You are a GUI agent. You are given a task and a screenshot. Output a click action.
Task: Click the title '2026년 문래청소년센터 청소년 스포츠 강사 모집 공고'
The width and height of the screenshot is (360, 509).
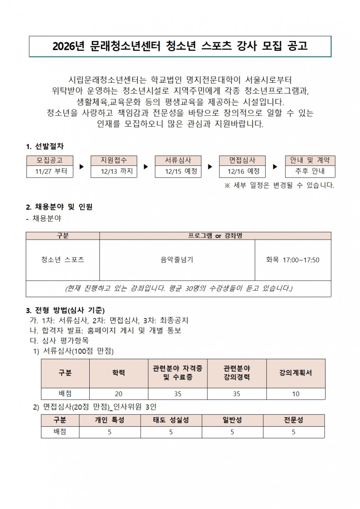point(180,47)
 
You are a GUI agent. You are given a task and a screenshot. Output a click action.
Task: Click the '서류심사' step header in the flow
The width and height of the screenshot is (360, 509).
point(178,160)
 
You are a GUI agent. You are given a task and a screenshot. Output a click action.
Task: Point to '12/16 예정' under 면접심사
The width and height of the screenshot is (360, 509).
point(242,171)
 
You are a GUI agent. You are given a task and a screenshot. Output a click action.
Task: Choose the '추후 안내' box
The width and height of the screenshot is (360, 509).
point(310,171)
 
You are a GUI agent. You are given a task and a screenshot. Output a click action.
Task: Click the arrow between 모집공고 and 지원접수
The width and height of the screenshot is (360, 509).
point(82,166)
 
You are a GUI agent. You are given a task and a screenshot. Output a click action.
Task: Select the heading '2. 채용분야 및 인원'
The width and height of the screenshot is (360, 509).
point(59,207)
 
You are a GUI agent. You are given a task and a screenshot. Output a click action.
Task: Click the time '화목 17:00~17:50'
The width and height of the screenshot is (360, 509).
point(293,260)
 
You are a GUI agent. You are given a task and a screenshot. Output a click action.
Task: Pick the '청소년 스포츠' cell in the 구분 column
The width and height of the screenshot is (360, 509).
point(63,260)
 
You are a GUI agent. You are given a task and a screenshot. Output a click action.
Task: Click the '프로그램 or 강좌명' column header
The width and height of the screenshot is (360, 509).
point(215,236)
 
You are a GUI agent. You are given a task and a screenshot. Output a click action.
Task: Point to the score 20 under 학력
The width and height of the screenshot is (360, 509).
point(119,394)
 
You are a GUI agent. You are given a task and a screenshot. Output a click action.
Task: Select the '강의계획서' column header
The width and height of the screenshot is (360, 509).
point(296,373)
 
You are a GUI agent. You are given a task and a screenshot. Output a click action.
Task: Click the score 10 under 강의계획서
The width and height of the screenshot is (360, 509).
point(296,394)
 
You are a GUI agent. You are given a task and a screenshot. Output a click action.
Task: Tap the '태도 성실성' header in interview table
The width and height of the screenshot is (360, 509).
point(171,420)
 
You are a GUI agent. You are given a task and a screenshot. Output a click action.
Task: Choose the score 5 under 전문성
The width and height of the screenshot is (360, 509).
point(294,432)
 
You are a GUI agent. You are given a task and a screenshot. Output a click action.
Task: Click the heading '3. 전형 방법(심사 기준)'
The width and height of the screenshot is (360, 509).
point(65,310)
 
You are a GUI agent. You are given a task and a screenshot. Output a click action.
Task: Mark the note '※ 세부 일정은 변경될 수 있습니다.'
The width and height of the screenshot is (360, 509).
point(279,186)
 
